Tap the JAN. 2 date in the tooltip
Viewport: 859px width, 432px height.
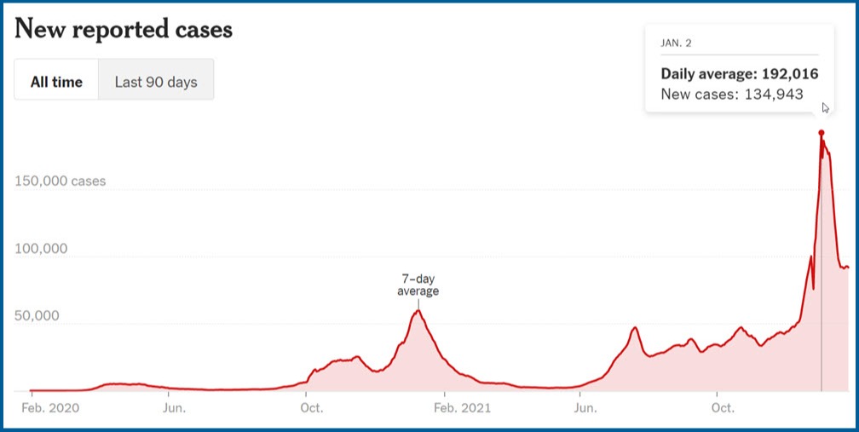click(676, 43)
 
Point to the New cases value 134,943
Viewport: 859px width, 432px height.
click(774, 95)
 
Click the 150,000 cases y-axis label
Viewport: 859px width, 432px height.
click(61, 181)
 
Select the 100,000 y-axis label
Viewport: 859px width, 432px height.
click(41, 249)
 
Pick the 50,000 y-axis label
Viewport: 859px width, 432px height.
click(37, 316)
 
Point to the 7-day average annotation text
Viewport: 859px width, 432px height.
click(418, 285)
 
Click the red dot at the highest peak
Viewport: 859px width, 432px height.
click(822, 133)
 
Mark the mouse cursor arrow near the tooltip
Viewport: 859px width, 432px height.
click(826, 108)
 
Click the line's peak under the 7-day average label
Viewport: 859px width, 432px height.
click(418, 310)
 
